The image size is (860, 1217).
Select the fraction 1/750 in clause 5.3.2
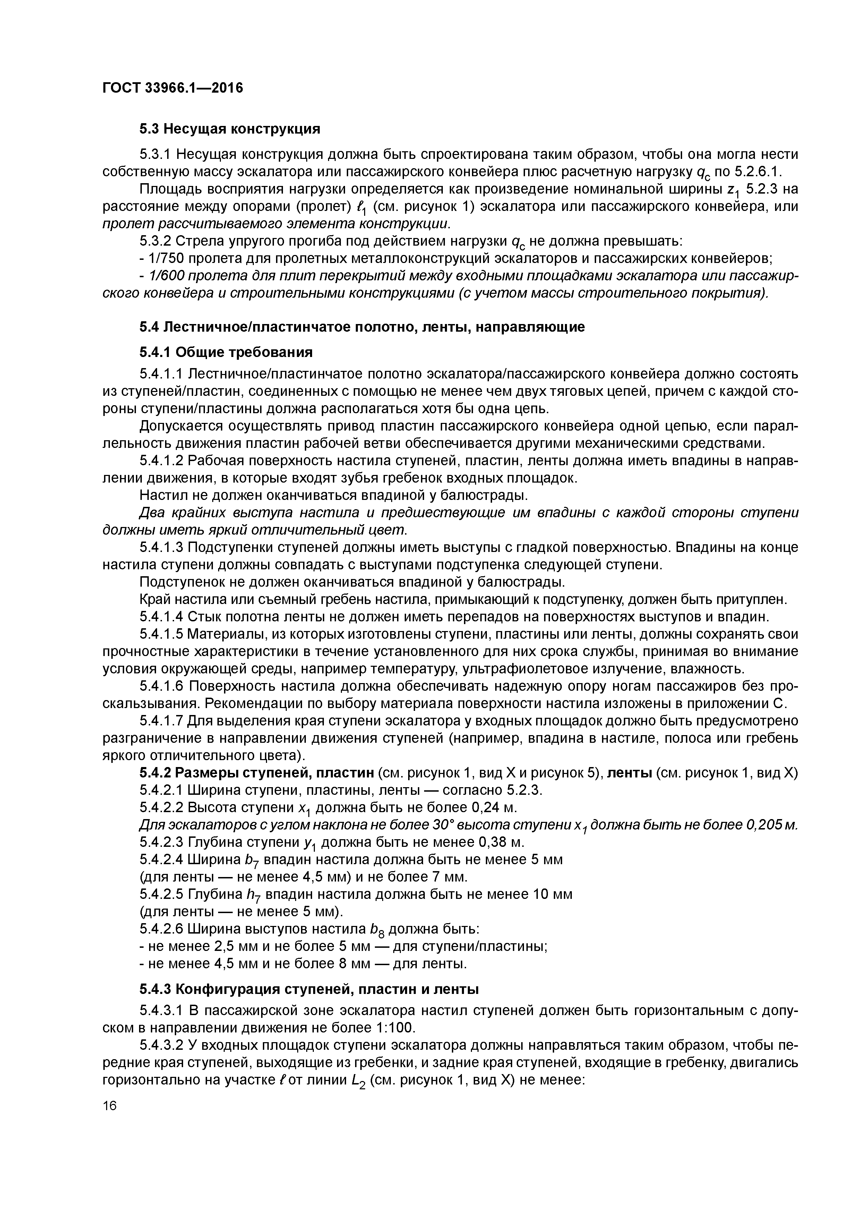coord(166,259)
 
